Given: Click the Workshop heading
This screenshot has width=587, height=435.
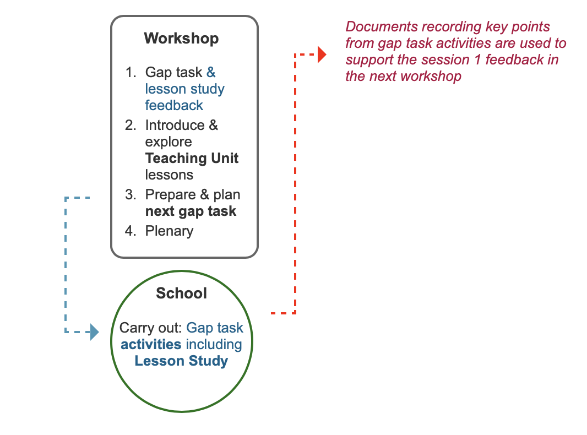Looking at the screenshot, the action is click(181, 39).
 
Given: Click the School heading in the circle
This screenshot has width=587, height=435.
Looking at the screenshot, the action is click(181, 293).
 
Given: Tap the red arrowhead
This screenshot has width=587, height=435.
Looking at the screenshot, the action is click(322, 55).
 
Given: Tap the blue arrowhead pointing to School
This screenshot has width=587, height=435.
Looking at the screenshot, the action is click(95, 332).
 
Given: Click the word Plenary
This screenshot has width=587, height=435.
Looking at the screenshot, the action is click(169, 231).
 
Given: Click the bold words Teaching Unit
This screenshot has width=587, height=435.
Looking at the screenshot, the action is click(192, 159).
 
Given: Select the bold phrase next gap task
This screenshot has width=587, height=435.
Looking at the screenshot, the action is click(191, 211).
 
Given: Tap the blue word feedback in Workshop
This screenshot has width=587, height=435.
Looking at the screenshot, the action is click(174, 106).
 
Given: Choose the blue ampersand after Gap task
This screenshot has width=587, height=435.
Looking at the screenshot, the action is click(211, 72).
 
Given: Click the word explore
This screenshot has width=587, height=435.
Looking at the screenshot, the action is click(169, 142).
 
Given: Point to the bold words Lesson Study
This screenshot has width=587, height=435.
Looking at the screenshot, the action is click(181, 361).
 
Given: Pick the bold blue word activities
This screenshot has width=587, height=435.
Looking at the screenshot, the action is click(151, 344).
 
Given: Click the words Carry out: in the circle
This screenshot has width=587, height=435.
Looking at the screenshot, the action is click(151, 328).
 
